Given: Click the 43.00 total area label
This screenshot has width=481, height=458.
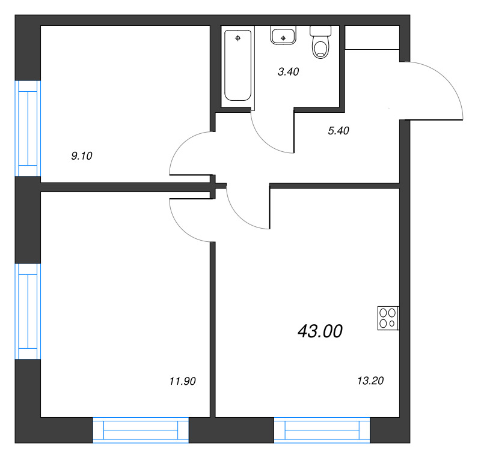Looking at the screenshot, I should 320,331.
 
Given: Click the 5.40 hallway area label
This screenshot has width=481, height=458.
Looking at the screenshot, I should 339,130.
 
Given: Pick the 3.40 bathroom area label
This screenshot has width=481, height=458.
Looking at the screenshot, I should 288,72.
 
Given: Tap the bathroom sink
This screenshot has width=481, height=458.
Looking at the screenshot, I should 283,35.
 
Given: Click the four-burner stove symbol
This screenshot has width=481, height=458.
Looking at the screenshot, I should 388,318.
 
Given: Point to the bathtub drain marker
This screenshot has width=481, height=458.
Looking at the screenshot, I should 238,38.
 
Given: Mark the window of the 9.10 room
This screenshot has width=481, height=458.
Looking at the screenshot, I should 27,128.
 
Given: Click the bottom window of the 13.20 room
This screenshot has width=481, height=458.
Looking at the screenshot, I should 322,431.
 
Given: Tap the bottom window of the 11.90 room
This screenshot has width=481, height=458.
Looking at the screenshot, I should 141,431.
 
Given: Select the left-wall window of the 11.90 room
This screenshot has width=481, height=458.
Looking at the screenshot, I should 27,311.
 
